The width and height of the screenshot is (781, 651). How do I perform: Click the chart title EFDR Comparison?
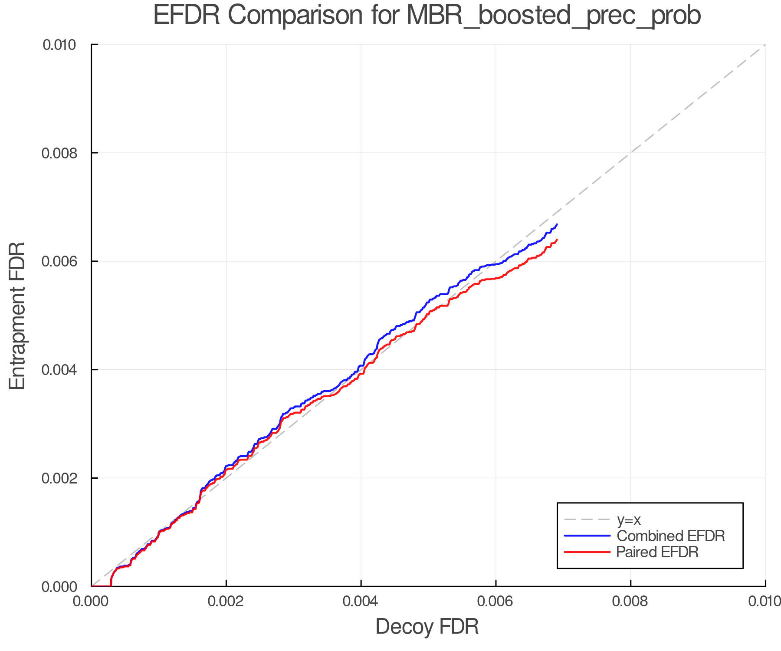(427, 16)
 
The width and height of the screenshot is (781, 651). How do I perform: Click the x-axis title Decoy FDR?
(427, 626)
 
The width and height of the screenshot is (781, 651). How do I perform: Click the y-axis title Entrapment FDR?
(17, 316)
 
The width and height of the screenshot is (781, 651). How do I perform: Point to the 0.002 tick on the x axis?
(226, 601)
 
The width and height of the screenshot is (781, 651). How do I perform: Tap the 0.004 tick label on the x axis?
(361, 601)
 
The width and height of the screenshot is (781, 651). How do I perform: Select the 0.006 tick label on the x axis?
(496, 601)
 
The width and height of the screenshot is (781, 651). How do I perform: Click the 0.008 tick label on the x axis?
(630, 601)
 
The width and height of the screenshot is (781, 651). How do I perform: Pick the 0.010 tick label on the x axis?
(765, 601)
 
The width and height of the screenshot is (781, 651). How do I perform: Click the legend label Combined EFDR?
(670, 536)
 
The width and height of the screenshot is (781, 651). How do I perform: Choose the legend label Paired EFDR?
(657, 552)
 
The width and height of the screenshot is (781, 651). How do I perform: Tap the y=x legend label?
(629, 519)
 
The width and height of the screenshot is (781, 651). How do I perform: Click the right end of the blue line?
(557, 224)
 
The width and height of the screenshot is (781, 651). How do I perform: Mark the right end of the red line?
(557, 240)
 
